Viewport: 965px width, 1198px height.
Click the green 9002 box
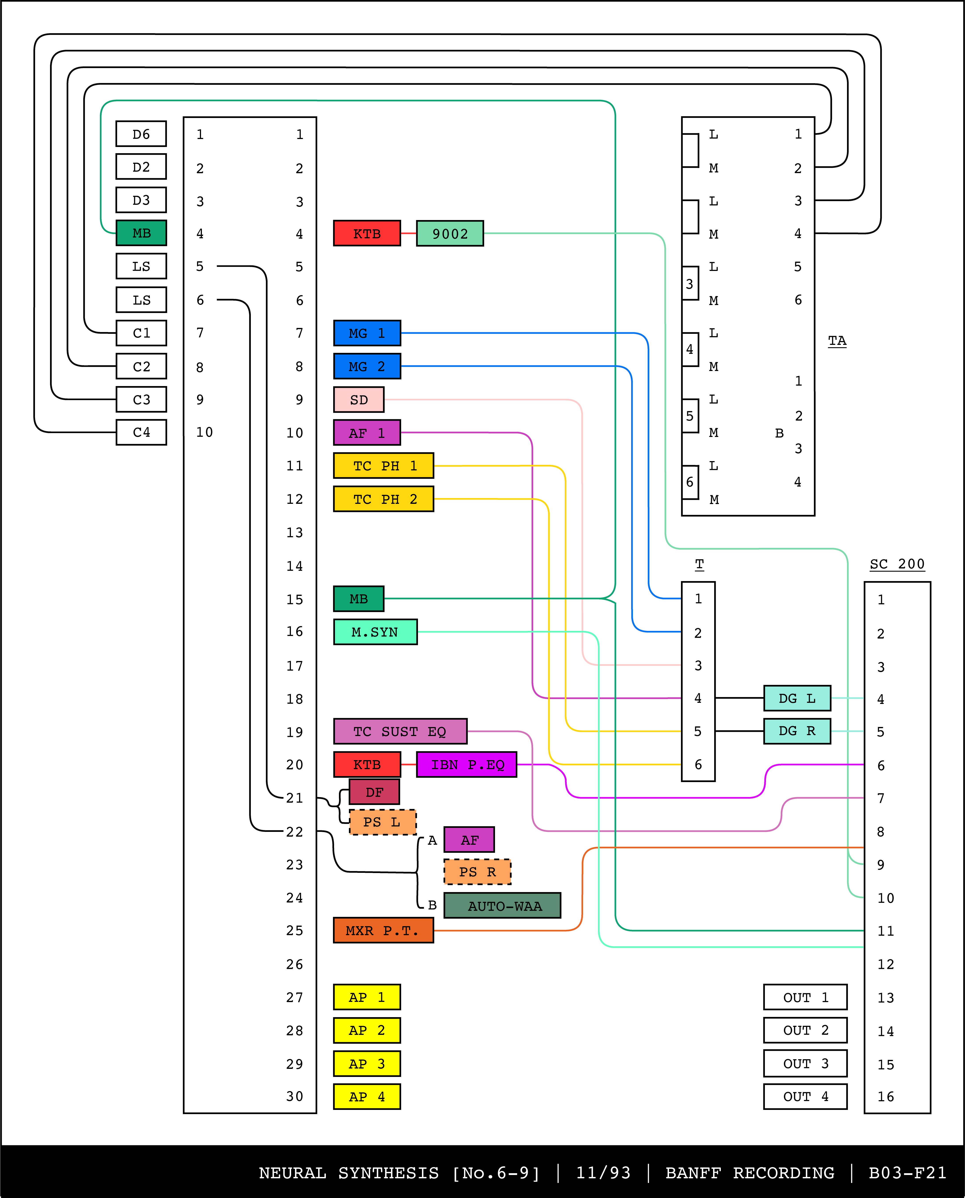click(x=450, y=234)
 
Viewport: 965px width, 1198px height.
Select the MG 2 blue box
click(x=367, y=366)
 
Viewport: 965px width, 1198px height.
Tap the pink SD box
click(x=359, y=400)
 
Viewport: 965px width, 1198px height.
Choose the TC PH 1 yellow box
click(x=384, y=466)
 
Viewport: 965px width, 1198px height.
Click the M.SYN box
click(x=375, y=632)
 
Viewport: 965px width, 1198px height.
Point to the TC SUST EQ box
click(x=400, y=732)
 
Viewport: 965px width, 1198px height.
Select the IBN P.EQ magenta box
click(x=466, y=765)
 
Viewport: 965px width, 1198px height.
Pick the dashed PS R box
click(x=477, y=872)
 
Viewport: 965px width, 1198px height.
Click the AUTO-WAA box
click(x=502, y=906)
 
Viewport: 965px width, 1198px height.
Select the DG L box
click(x=797, y=698)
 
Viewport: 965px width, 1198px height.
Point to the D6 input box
click(x=141, y=134)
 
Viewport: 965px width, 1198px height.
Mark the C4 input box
click(x=141, y=433)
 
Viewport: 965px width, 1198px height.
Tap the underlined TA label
click(x=837, y=341)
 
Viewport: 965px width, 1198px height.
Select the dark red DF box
click(x=374, y=792)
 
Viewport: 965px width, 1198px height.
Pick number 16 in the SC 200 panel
click(x=886, y=1097)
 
